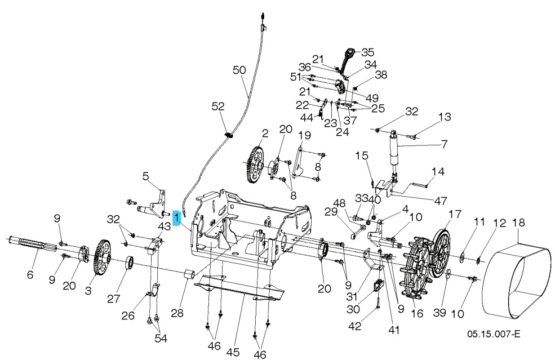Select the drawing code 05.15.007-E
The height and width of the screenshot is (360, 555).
[x=493, y=334]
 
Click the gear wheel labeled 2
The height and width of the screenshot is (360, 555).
[x=256, y=165]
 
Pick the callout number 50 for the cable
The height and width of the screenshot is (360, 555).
[x=239, y=70]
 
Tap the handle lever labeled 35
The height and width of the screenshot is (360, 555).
[x=347, y=59]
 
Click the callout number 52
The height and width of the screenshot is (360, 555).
[x=218, y=106]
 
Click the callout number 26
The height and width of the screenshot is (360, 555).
[x=129, y=315]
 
